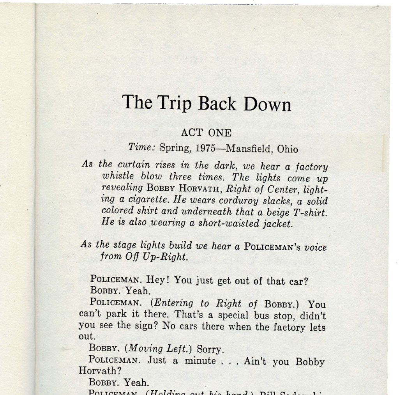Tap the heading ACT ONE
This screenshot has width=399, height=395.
pyautogui.click(x=206, y=133)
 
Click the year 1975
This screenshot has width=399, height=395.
pyautogui.click(x=208, y=149)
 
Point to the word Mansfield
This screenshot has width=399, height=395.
pyautogui.click(x=250, y=149)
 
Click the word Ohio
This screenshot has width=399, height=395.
pyautogui.click(x=288, y=149)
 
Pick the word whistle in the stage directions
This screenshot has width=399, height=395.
pyautogui.click(x=117, y=176)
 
